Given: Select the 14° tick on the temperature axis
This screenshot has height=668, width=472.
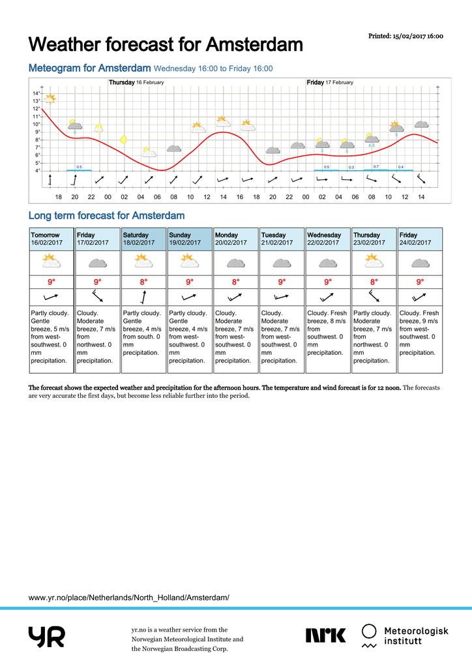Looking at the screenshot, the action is tap(36, 93).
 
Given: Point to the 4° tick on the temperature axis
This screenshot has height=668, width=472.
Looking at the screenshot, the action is tap(37, 170).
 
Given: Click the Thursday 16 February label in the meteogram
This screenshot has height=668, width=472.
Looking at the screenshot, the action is tap(136, 82).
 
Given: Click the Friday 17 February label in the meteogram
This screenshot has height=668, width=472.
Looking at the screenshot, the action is tap(330, 82).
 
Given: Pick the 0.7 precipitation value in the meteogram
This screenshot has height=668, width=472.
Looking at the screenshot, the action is tap(376, 166).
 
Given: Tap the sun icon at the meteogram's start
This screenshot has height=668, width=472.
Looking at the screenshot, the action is tap(50, 99).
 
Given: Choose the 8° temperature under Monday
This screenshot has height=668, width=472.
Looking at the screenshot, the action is tap(236, 282).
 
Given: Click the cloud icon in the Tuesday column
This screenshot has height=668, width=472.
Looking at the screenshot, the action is tap(282, 264).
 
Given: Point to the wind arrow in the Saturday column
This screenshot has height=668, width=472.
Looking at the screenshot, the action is tap(144, 297).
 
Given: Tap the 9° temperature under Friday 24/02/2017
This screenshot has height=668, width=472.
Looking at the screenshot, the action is tap(420, 282).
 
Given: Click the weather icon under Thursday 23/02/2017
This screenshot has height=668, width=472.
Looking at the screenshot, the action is tap(374, 261).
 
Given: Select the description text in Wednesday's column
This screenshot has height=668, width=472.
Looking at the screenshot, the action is tap(327, 333).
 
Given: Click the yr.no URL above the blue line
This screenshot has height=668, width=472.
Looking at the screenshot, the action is tap(129, 598).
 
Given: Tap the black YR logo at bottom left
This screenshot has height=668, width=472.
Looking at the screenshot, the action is tap(47, 637).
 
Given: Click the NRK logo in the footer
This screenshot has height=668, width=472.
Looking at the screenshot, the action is tap(325, 635).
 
